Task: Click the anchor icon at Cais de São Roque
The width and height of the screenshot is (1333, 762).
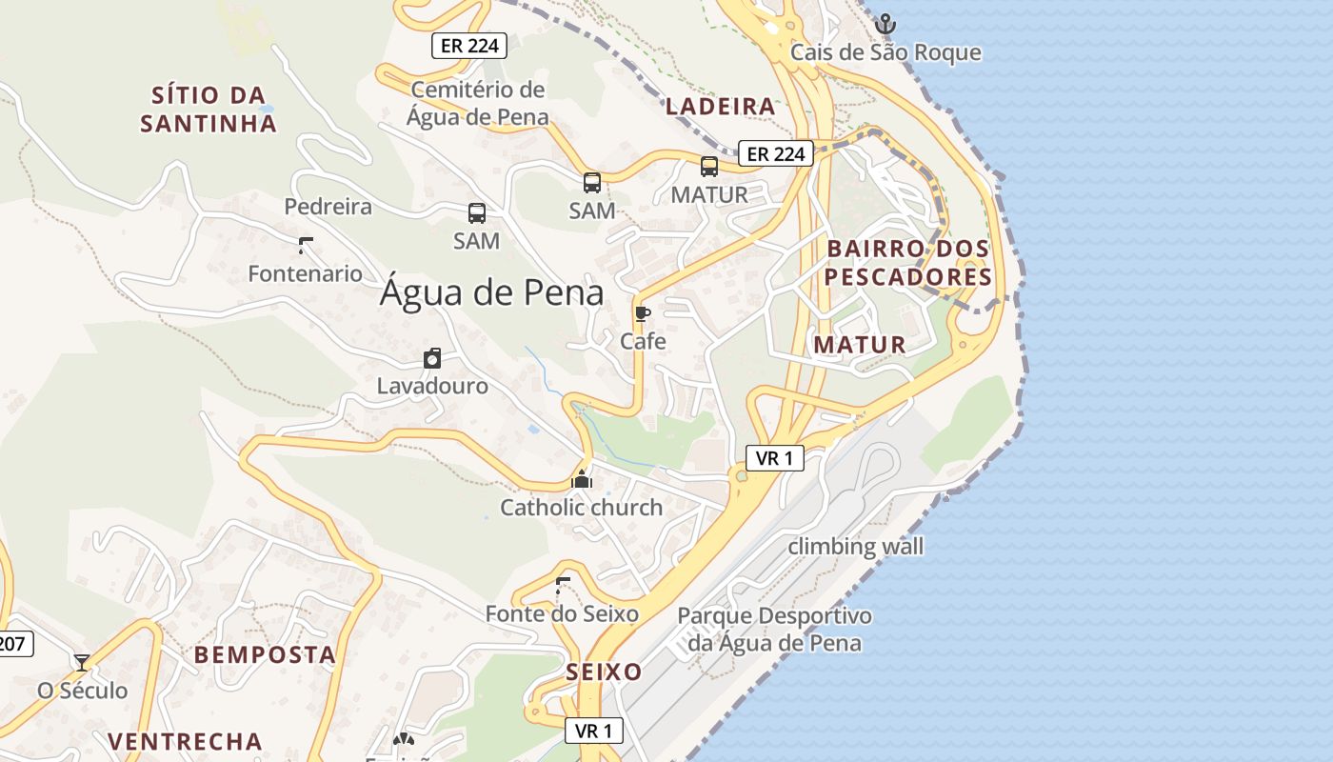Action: [x=885, y=23]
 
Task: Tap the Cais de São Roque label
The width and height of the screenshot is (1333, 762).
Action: [x=885, y=52]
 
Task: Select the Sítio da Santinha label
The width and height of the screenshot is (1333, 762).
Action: [x=209, y=109]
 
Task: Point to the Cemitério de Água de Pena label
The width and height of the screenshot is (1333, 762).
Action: [x=478, y=103]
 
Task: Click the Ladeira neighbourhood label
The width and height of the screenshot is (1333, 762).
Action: [x=721, y=107]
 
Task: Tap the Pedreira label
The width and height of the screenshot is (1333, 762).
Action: [x=328, y=207]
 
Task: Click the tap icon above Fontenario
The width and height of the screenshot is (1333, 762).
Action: [x=305, y=246]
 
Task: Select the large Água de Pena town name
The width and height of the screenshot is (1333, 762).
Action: [x=491, y=292]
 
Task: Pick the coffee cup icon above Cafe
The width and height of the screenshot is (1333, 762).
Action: [x=643, y=313]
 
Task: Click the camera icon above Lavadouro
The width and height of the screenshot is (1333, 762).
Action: [x=432, y=358]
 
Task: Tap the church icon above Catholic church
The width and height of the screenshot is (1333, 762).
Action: [x=582, y=479]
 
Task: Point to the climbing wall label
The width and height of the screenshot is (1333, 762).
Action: [x=856, y=547]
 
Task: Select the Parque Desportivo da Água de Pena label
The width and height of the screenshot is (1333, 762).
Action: [x=774, y=629]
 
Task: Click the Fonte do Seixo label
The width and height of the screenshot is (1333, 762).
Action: [x=562, y=614]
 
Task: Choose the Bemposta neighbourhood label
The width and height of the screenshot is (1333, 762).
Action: [x=265, y=655]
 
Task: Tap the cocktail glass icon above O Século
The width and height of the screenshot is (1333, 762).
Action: [x=82, y=662]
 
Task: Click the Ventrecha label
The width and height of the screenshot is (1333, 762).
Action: [x=185, y=741]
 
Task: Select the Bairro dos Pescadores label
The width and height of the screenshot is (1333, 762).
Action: [x=908, y=263]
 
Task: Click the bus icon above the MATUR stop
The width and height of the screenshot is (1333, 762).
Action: [x=709, y=167]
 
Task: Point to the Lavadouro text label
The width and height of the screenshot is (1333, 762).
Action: [x=432, y=386]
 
